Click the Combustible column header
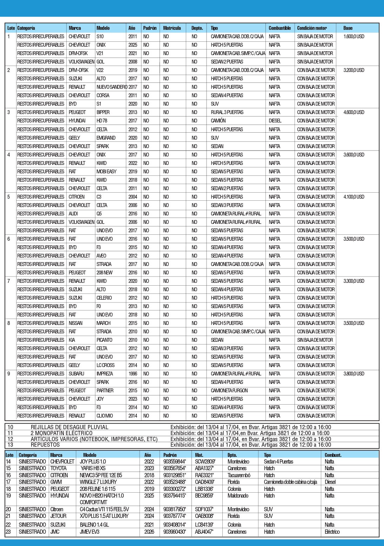click(279, 28)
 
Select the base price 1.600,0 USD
click(353, 36)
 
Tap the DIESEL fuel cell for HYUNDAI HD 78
click(275, 121)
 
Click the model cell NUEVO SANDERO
click(112, 87)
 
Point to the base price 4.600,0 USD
click(353, 112)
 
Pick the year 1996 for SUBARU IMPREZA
click(133, 374)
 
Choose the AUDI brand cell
click(73, 214)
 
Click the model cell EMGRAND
click(106, 138)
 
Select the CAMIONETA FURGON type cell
click(229, 391)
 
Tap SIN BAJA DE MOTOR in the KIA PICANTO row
click(315, 340)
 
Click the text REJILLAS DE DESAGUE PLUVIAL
click(69, 427)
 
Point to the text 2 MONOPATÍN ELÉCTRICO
click(61, 433)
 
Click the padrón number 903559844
click(174, 462)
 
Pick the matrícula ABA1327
click(204, 468)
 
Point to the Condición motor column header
click(312, 28)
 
